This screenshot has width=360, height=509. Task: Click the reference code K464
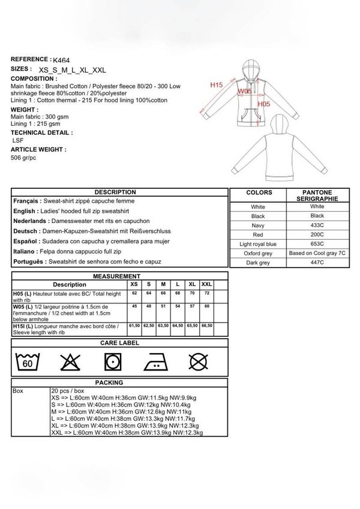tap(61, 61)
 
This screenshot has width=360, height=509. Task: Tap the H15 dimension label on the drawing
tap(217, 86)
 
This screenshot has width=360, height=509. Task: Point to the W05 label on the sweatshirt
tap(245, 91)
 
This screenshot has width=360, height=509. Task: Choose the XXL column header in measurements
tap(207, 284)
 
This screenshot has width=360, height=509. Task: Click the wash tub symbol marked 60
tap(28, 362)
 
